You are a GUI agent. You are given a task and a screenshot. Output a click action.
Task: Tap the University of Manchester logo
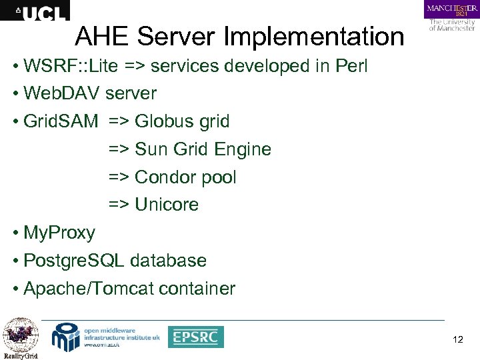coord(451,16)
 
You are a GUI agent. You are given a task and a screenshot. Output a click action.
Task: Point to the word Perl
coord(349,67)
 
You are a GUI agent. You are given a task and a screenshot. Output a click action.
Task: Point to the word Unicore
coord(167,205)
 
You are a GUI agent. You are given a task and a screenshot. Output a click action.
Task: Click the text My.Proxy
coord(59,233)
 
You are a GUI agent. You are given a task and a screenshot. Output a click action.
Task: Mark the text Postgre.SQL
coord(73,261)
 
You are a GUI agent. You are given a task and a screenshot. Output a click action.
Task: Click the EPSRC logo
coord(195,337)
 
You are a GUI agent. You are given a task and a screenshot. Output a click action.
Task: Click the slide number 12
coord(457,341)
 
